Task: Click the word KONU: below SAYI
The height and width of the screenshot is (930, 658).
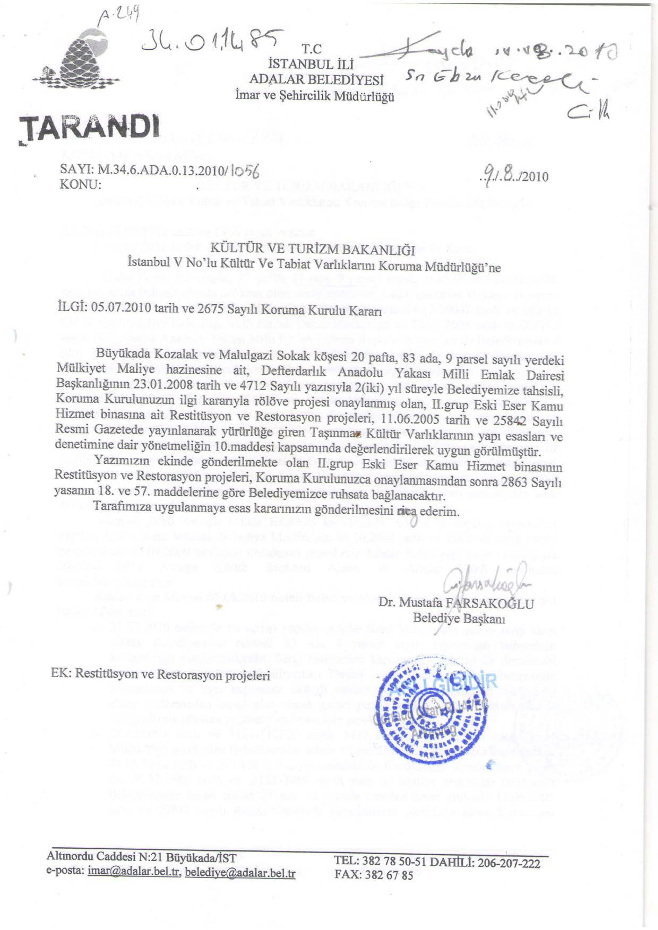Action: tap(80, 185)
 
